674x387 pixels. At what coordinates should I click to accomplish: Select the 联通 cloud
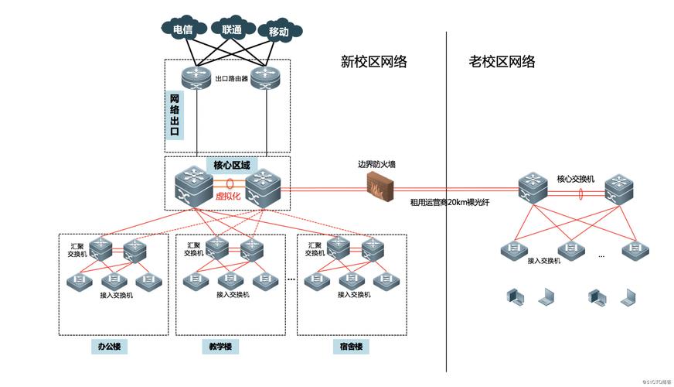point(231,29)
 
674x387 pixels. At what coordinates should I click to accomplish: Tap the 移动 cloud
point(278,32)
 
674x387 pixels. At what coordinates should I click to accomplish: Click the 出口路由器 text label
point(231,79)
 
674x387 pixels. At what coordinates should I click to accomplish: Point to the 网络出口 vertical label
point(175,115)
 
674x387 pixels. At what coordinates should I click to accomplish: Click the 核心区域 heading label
point(231,166)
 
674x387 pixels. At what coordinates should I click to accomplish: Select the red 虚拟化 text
point(228,196)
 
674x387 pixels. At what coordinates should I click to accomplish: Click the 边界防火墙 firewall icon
point(380,186)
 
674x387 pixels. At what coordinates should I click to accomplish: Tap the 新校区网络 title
point(374,62)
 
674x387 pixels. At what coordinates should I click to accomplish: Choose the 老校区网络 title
point(502,62)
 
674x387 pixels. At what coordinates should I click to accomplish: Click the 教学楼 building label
point(220,346)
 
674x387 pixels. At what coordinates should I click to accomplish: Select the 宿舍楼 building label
point(350,346)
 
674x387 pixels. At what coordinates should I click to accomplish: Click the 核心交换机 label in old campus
point(575,179)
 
